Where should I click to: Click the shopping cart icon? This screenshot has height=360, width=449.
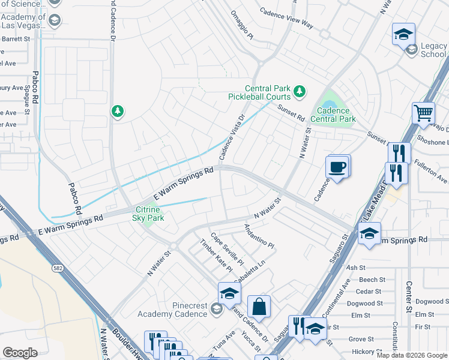(423, 112)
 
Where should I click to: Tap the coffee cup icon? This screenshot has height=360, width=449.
(337, 167)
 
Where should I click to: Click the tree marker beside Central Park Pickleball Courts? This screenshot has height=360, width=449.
(300, 92)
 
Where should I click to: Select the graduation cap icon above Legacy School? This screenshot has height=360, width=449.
(404, 34)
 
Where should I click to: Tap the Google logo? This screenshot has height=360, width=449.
(20, 353)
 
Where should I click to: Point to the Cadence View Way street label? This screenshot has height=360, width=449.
(286, 18)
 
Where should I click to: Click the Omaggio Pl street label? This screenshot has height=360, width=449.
(243, 26)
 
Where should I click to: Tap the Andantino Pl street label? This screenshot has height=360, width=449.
(259, 237)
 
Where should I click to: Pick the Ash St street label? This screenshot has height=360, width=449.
(355, 268)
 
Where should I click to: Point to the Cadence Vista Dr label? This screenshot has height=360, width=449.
(233, 137)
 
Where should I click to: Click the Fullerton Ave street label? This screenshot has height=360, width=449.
(432, 178)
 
